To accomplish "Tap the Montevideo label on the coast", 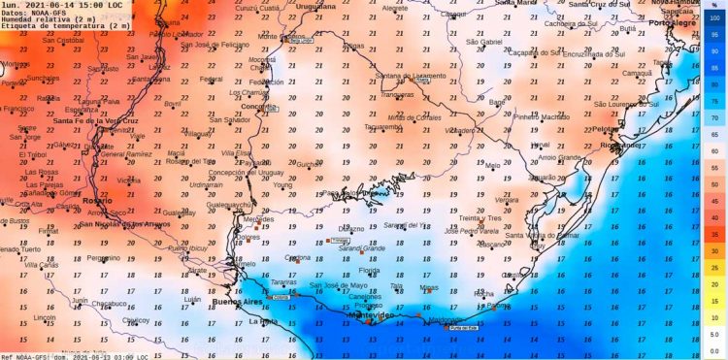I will (x=370, y=316).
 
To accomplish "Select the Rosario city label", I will (x=92, y=201).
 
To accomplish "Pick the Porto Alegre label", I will (x=677, y=21).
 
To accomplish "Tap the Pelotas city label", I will (x=606, y=128).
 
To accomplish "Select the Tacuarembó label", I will (x=382, y=127).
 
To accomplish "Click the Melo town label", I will (x=493, y=166).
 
